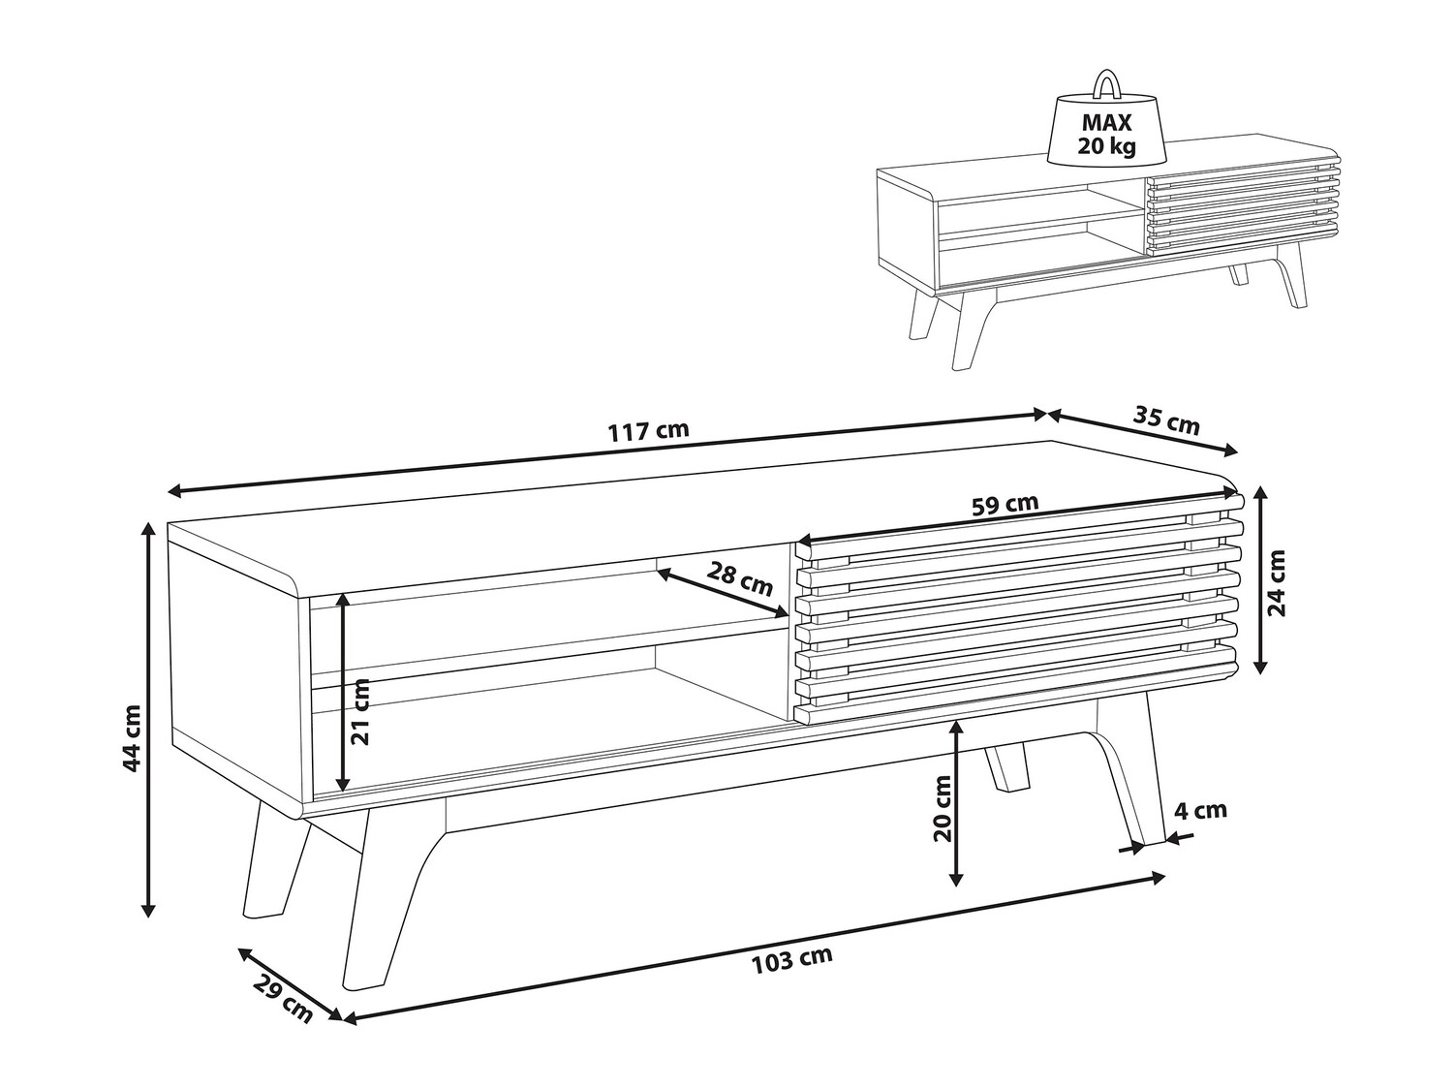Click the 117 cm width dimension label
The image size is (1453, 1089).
click(x=648, y=431)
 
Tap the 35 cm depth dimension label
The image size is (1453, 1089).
click(x=1165, y=421)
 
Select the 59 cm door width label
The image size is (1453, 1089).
click(x=1005, y=505)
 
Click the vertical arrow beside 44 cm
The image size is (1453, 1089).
click(x=149, y=720)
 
